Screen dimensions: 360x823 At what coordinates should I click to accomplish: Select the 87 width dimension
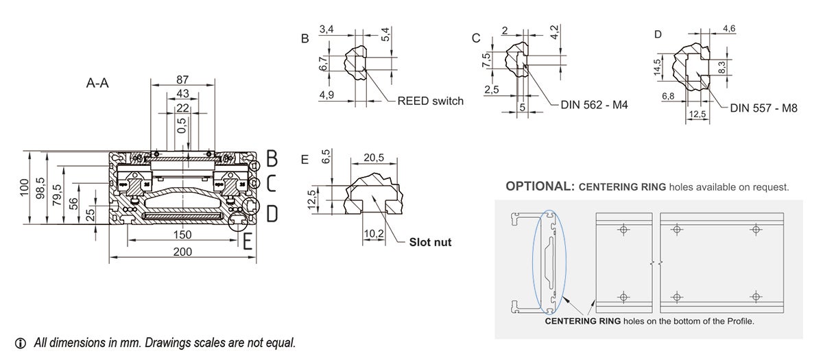(183, 78)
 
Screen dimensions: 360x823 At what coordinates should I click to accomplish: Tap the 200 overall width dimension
(182, 252)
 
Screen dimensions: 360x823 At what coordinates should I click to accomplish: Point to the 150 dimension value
(182, 235)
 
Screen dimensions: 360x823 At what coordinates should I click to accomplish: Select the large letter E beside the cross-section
(248, 241)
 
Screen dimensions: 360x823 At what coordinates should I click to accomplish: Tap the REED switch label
(430, 101)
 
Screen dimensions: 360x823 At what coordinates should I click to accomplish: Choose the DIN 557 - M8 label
(763, 108)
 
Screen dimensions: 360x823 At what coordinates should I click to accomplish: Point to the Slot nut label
(430, 242)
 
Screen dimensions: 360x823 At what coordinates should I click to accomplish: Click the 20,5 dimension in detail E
(373, 158)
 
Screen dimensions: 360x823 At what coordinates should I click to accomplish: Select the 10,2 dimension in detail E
(373, 233)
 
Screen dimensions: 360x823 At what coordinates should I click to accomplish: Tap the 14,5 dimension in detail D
(656, 69)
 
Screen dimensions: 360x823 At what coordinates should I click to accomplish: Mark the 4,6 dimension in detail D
(729, 29)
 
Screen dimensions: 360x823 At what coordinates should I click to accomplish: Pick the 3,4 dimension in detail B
(327, 29)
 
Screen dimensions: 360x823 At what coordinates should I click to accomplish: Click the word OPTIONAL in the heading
(539, 187)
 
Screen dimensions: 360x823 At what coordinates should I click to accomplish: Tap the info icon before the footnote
(20, 342)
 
